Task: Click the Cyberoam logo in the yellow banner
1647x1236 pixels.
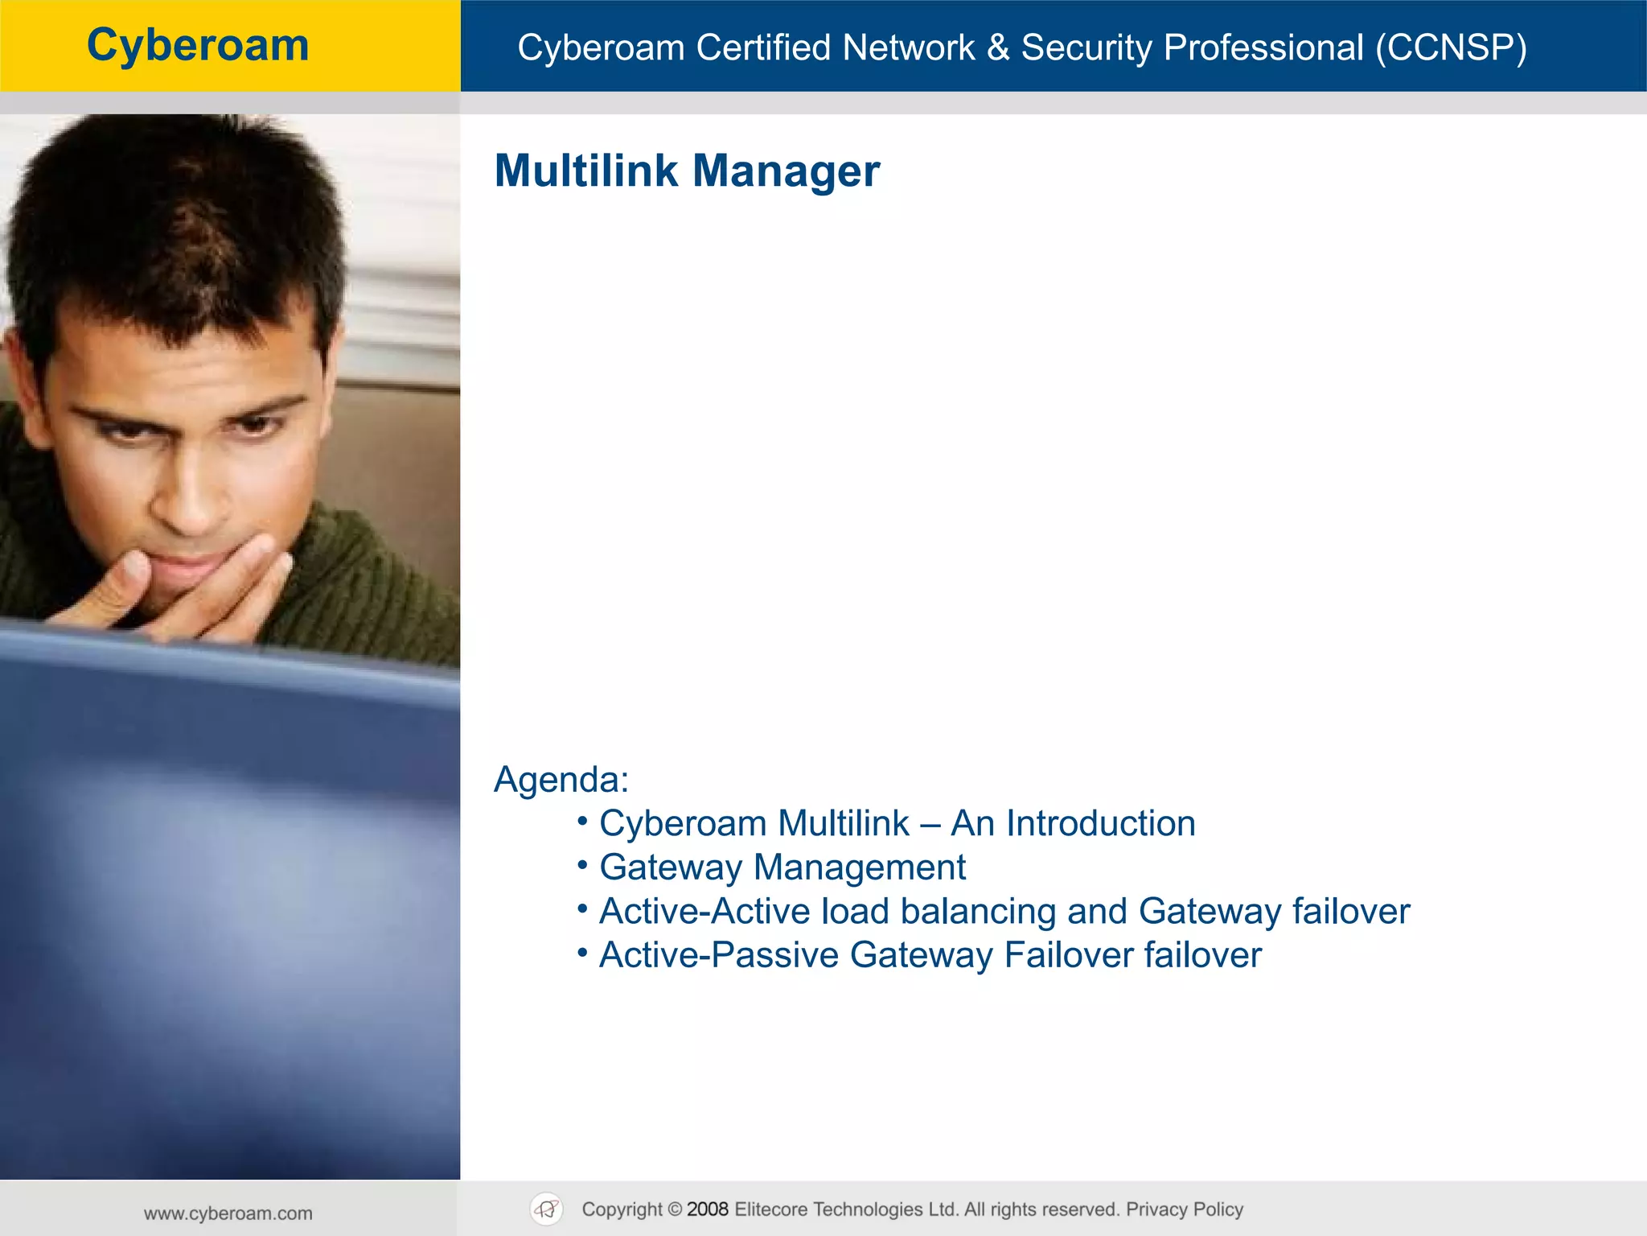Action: (198, 45)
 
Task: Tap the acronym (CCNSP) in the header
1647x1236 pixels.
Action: (1451, 47)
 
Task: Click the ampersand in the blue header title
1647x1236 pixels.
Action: (997, 47)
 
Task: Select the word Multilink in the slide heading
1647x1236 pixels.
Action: (585, 171)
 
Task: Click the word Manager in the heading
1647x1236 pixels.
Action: (786, 171)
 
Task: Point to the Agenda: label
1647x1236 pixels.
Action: (561, 779)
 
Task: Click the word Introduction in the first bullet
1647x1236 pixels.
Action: (1100, 823)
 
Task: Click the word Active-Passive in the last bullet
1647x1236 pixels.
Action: (718, 955)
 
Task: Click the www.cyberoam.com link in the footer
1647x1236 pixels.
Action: (228, 1213)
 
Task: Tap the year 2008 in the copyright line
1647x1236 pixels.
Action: (707, 1209)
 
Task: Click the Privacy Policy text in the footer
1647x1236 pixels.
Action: (1184, 1209)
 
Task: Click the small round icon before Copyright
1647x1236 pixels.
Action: (547, 1209)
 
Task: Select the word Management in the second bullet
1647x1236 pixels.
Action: (859, 867)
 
